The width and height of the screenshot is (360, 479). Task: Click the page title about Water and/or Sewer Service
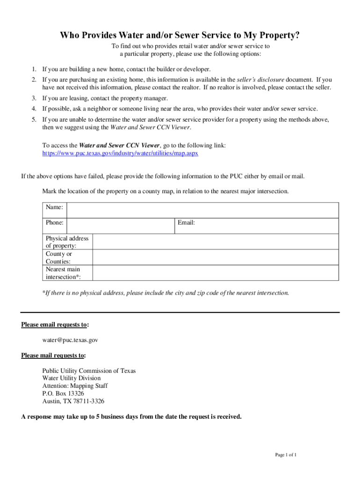(180, 36)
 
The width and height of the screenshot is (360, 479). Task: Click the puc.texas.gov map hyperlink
(120, 153)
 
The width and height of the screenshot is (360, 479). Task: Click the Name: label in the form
(54, 207)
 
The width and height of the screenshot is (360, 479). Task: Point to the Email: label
(186, 223)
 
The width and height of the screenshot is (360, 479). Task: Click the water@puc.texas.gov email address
(70, 340)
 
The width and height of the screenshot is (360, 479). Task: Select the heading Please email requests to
(56, 325)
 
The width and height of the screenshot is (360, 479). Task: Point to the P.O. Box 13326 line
(63, 394)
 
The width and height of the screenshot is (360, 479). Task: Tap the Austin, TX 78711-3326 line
(73, 401)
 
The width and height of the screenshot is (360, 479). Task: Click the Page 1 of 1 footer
(286, 455)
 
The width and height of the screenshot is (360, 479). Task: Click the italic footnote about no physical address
(166, 293)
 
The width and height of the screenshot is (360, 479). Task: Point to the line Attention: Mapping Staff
(75, 386)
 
